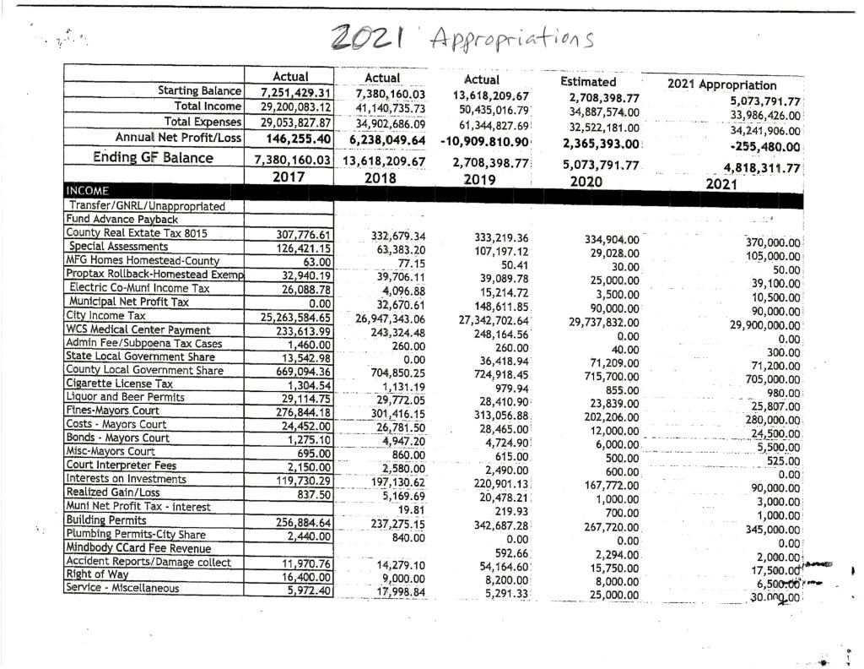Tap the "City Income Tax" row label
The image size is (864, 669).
tap(100, 314)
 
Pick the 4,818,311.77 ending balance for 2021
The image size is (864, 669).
tap(755, 167)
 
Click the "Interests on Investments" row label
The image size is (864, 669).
tap(121, 480)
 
